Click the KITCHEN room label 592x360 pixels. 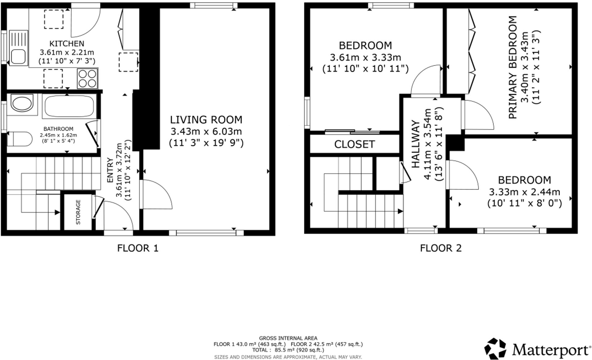coord(67,44)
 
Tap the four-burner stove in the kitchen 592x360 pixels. coord(88,78)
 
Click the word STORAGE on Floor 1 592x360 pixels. coord(78,212)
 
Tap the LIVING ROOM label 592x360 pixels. coord(206,120)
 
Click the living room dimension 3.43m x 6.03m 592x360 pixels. coord(206,132)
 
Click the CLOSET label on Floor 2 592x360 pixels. coord(354,144)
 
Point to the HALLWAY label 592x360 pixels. coord(416,144)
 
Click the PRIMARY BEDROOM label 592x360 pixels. coord(512,67)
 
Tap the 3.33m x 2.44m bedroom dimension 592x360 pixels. coord(524,192)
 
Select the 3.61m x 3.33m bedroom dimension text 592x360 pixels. coord(365,58)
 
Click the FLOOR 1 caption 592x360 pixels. coord(138,248)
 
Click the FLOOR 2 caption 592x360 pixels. coord(441,248)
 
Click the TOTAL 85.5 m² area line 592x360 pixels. coord(288,350)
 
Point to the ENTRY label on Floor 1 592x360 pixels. coord(110,170)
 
